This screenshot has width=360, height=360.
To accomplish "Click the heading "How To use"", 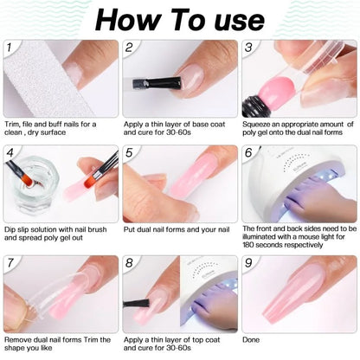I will click(x=180, y=19).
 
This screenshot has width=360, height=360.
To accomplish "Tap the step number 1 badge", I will click(x=10, y=48).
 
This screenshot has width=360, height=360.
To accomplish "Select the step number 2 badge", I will click(x=130, y=48).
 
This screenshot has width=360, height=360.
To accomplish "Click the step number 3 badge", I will click(x=249, y=48).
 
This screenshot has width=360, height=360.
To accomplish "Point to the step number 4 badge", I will click(x=10, y=154).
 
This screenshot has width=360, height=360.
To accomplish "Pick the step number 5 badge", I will click(x=130, y=154).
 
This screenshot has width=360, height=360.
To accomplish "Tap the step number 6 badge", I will click(x=249, y=154).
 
